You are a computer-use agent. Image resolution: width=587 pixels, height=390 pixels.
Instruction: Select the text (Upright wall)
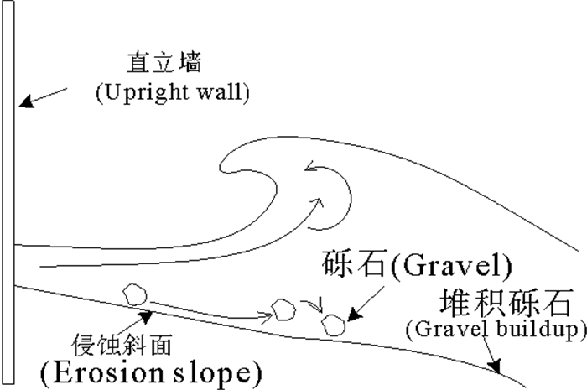coord(173,91)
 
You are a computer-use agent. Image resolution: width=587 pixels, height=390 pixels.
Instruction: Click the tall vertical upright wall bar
coord(8,193)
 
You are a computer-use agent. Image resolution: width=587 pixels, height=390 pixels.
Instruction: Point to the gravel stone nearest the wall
coord(133,294)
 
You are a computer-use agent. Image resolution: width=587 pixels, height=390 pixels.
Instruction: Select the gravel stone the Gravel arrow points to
coord(335,325)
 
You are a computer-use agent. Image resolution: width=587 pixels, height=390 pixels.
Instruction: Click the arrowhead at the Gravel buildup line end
coord(497,367)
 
